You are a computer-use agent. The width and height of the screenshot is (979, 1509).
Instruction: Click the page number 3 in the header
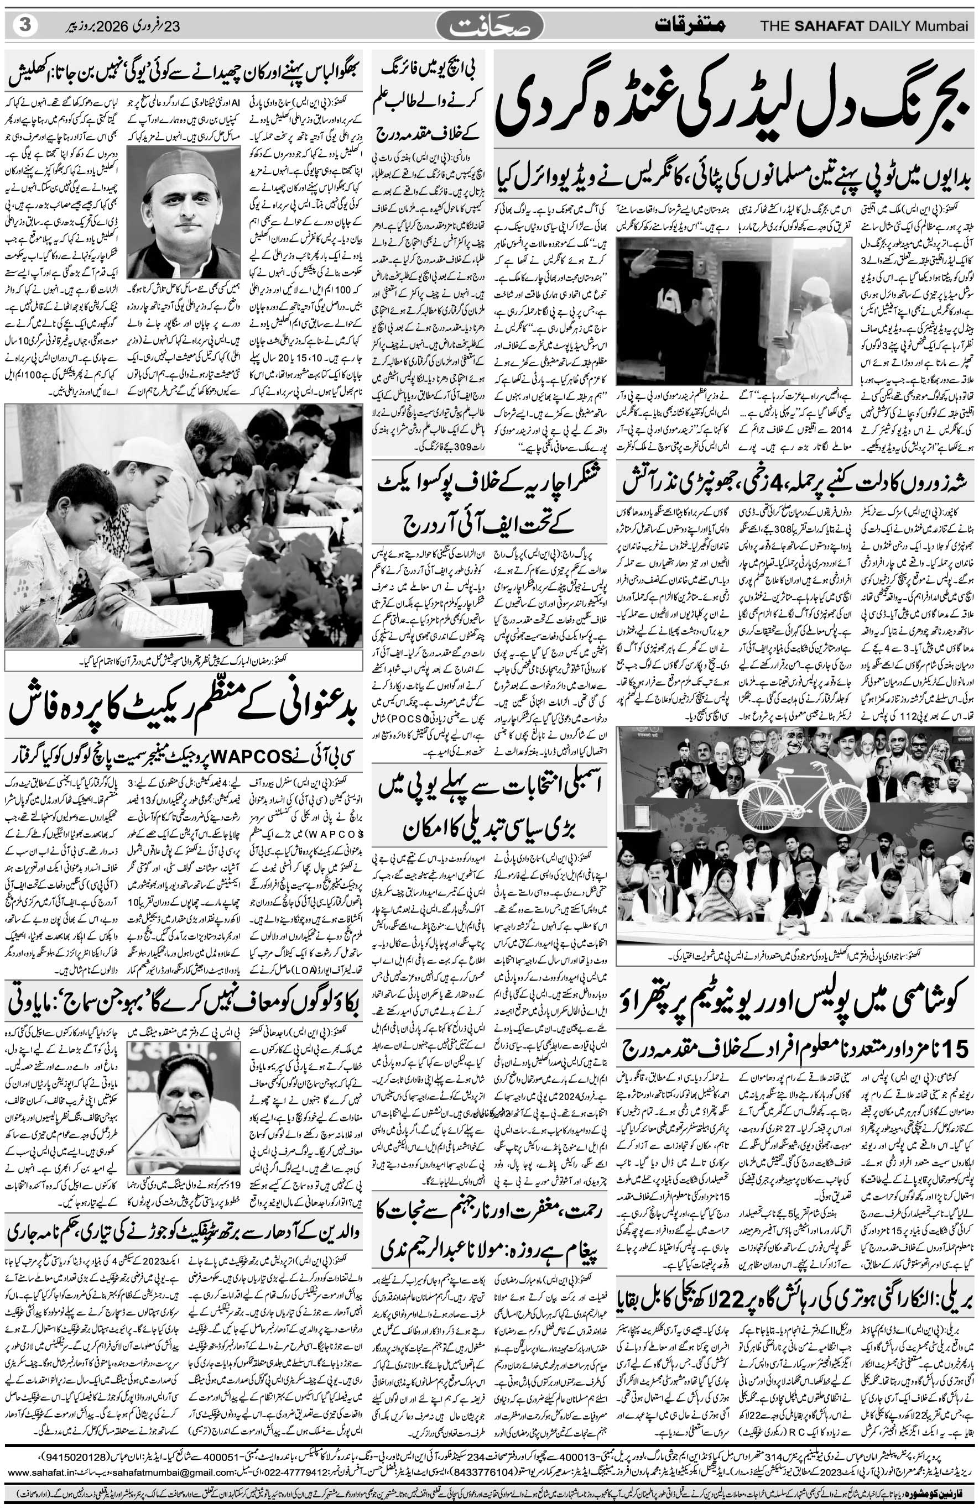pos(25,25)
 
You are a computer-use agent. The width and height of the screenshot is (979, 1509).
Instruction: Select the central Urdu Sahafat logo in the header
pos(489,27)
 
